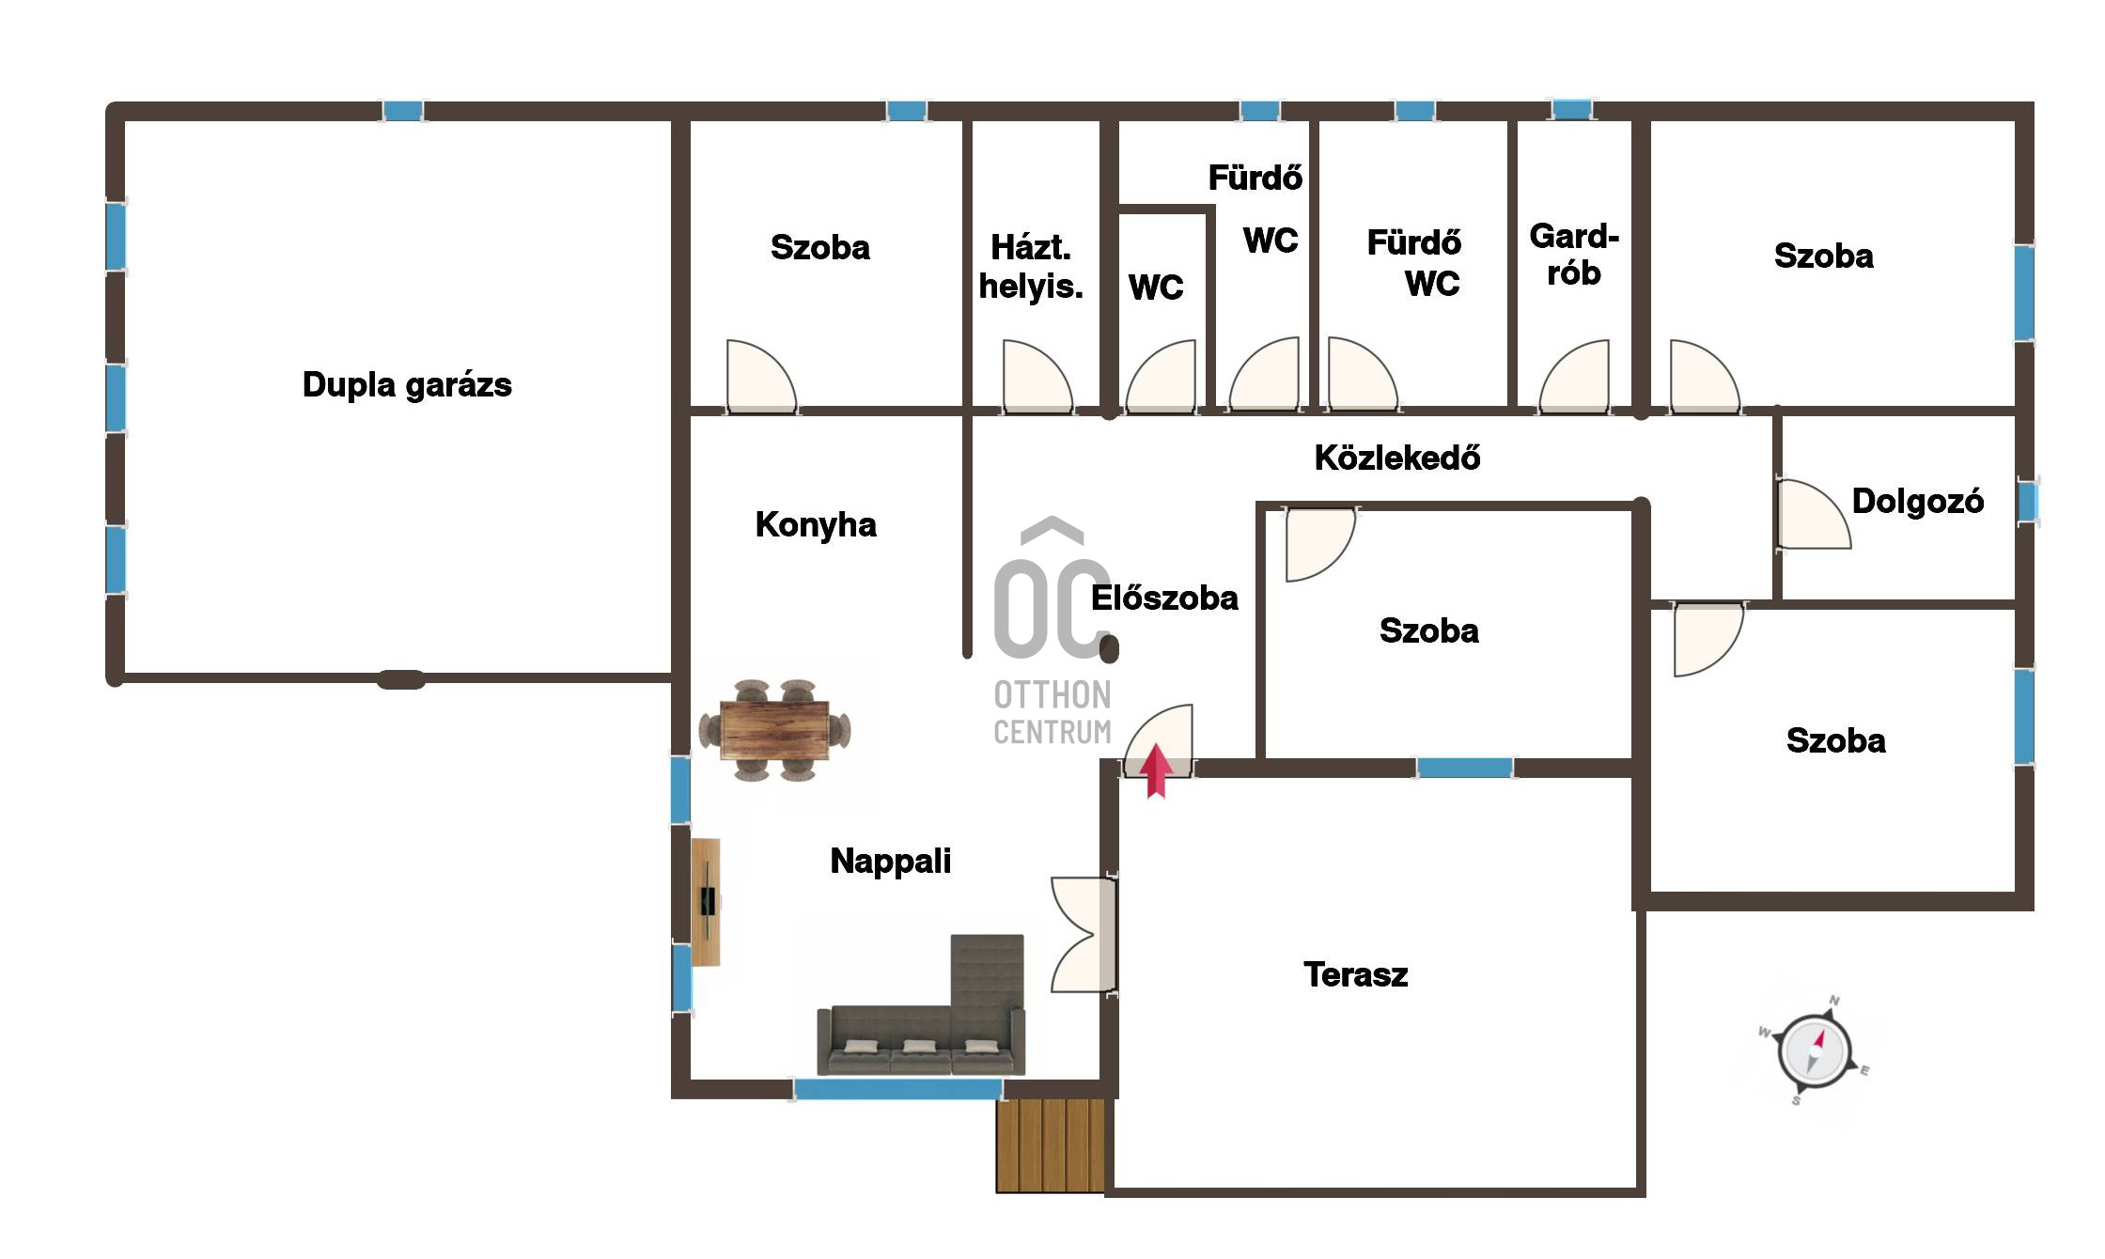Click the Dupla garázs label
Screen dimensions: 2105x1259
click(x=407, y=385)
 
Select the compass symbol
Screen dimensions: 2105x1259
click(x=1815, y=1051)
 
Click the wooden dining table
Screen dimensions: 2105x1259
click(x=774, y=731)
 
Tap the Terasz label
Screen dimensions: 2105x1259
click(x=1355, y=975)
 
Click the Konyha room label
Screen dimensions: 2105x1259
click(x=816, y=525)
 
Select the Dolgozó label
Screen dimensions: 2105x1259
click(x=1917, y=502)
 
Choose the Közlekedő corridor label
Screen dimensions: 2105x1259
click(x=1396, y=458)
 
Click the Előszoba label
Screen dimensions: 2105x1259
click(x=1164, y=598)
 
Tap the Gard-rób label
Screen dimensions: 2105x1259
click(x=1574, y=255)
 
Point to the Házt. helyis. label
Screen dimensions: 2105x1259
click(x=1031, y=267)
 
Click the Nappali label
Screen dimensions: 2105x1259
click(x=890, y=862)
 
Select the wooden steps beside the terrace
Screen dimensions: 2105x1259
click(x=1051, y=1145)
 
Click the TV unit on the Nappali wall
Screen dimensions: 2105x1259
click(x=707, y=902)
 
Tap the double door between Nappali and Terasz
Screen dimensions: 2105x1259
click(x=1084, y=935)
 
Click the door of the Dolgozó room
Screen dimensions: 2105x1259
click(x=1814, y=514)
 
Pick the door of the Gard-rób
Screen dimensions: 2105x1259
click(x=1574, y=376)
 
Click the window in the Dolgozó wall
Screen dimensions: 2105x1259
click(x=2028, y=502)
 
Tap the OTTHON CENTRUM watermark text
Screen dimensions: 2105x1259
click(x=1052, y=713)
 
